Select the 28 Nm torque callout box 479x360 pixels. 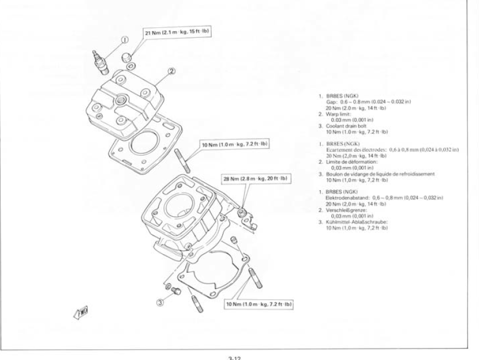(x=254, y=179)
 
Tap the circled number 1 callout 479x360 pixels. (x=124, y=39)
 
